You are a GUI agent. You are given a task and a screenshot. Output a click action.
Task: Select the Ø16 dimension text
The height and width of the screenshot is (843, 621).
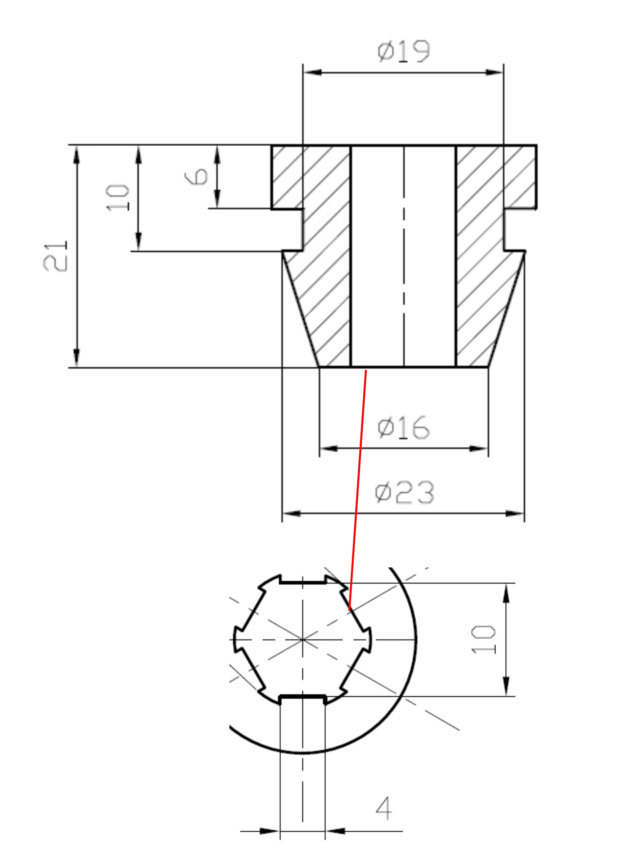tap(403, 427)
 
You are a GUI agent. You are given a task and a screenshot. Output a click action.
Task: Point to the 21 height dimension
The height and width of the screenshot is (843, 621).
tap(55, 256)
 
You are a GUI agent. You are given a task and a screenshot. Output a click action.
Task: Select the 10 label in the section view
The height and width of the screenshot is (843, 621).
tap(118, 198)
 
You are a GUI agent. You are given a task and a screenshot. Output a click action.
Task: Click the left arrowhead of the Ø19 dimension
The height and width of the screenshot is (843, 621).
tap(312, 72)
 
